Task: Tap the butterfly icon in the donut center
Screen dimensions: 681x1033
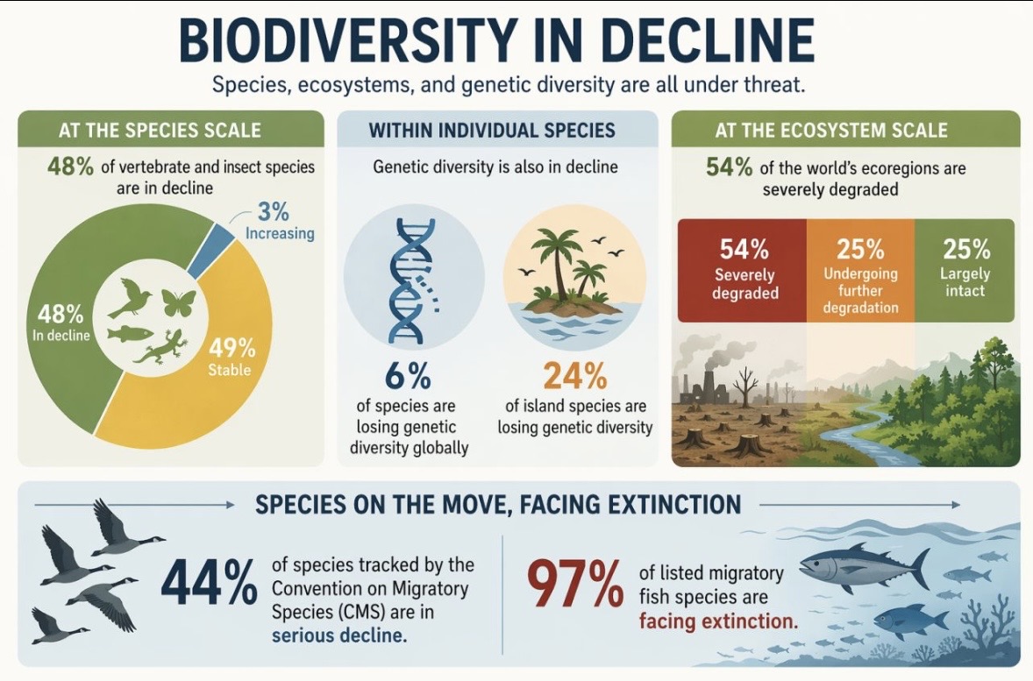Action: coord(178,303)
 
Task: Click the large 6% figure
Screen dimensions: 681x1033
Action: coord(408,377)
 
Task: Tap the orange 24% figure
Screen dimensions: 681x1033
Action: coord(574,377)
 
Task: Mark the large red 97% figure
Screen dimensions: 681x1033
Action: coord(574,586)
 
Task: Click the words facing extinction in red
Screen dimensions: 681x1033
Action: coord(718,621)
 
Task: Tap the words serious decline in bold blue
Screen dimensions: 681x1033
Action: coord(339,635)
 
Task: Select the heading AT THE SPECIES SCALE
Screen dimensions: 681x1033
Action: coord(160,131)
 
